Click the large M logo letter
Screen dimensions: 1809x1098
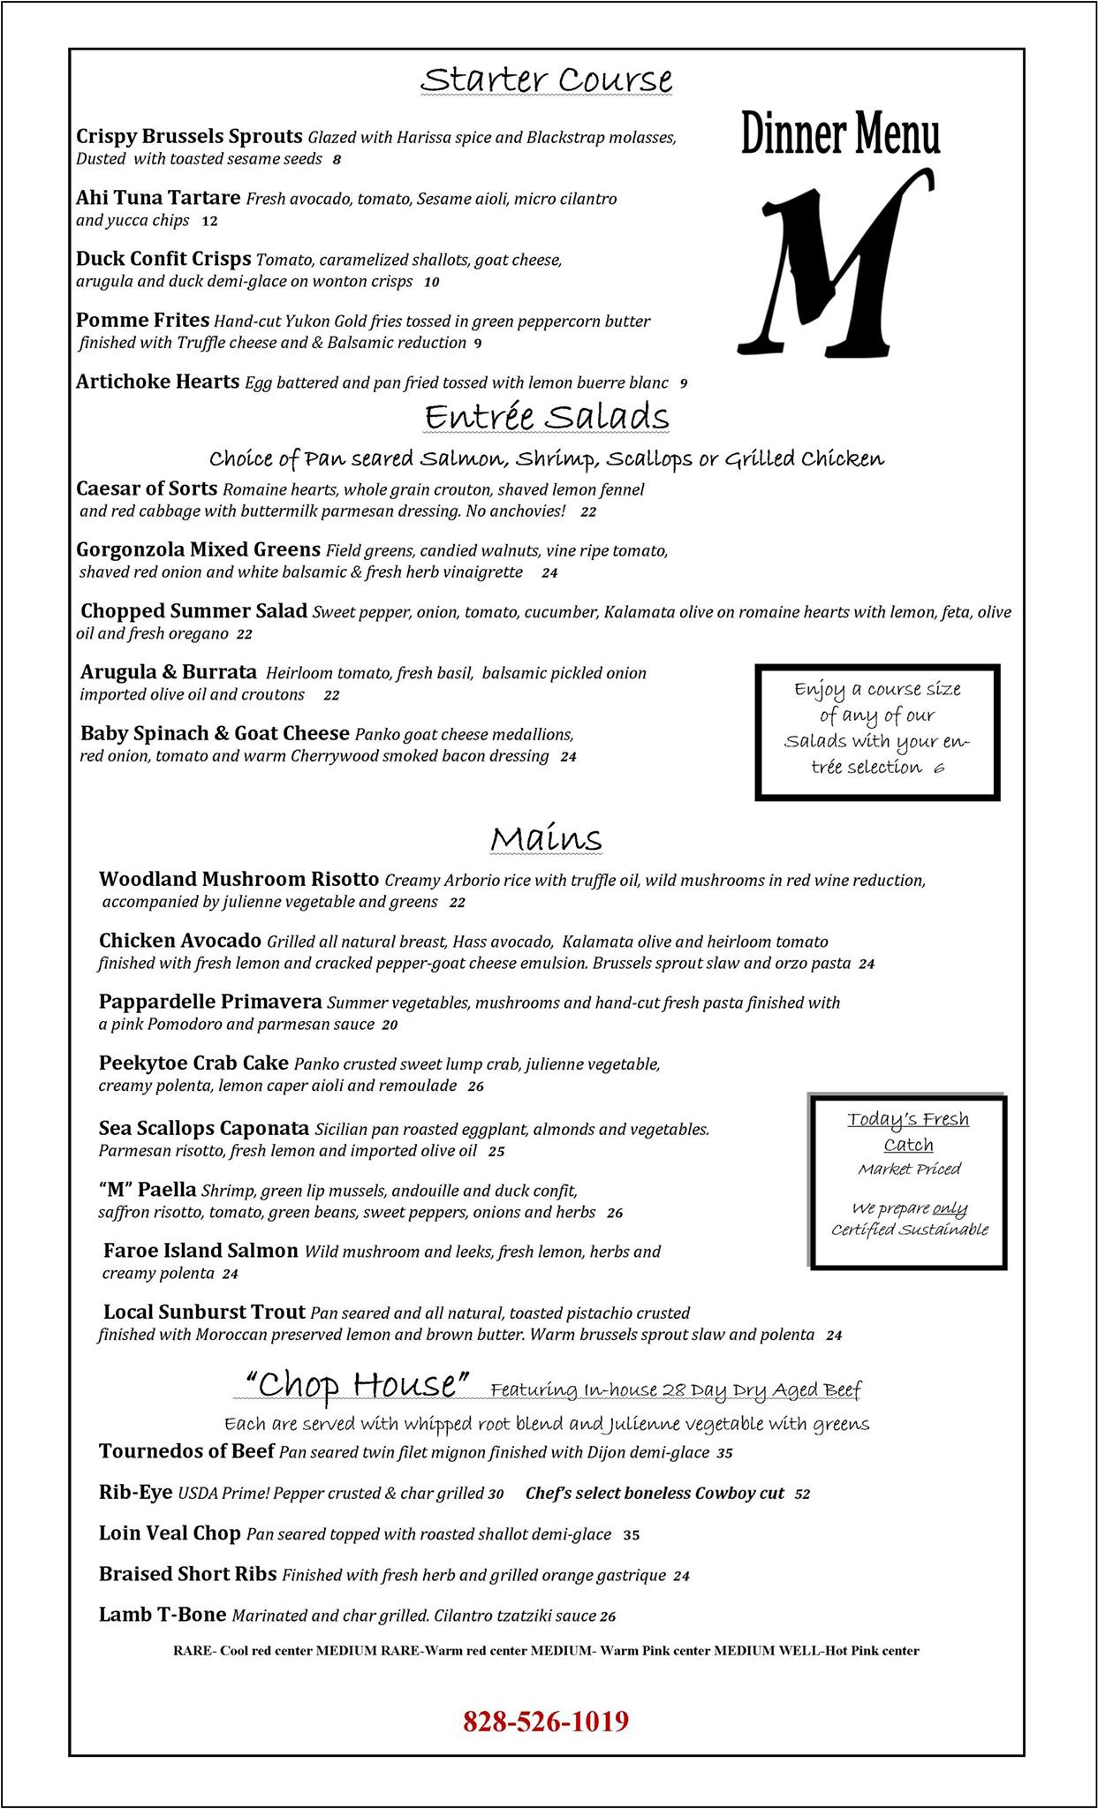[x=835, y=265]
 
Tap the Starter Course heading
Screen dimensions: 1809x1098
[x=546, y=79]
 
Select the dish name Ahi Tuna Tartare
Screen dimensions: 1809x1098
[x=158, y=198]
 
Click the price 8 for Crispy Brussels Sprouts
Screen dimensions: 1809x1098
[x=337, y=160]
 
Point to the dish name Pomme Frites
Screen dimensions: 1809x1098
[x=142, y=320]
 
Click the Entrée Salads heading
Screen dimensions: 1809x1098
[x=546, y=416]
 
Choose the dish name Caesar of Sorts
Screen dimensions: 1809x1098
[x=147, y=488]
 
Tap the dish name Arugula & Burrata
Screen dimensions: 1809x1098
[x=169, y=672]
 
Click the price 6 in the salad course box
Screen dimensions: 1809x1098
[x=938, y=768]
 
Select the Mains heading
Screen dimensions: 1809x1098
[x=546, y=837]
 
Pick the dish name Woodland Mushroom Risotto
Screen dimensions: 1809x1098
[x=239, y=879]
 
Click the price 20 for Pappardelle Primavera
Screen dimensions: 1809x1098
[x=390, y=1026]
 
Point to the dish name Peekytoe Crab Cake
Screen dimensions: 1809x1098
[x=193, y=1063]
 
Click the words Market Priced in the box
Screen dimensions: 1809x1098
[x=909, y=1169]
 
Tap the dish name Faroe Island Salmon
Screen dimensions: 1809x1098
[x=201, y=1251]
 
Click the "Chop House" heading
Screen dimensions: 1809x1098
[x=356, y=1384]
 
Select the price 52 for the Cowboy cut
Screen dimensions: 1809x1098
[x=802, y=1495]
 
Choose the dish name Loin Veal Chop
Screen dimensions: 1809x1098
[x=170, y=1533]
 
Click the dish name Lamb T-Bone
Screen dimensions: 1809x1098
[x=163, y=1615]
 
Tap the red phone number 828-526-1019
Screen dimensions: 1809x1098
[x=546, y=1721]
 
